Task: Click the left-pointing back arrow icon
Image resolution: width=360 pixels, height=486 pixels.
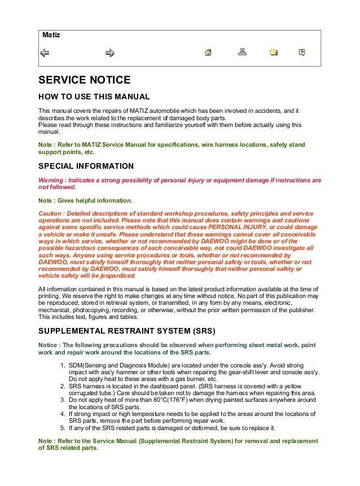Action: [x=45, y=53]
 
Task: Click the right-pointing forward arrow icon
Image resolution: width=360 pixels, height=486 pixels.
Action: [x=109, y=53]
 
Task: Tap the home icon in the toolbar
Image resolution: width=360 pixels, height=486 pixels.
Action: [x=208, y=53]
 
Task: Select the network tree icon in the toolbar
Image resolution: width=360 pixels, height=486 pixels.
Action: [x=242, y=53]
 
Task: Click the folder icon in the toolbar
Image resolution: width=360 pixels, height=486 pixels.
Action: [x=274, y=53]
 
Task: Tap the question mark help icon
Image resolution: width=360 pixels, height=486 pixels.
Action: [x=302, y=53]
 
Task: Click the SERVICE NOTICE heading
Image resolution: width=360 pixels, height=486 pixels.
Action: [x=84, y=80]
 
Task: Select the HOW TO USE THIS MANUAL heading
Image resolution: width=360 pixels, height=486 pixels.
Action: [x=94, y=97]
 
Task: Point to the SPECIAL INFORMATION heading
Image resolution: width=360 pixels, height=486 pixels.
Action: [x=86, y=167]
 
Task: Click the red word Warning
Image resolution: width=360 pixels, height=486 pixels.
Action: [x=51, y=181]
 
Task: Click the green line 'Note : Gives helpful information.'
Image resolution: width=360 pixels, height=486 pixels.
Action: [x=85, y=200]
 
